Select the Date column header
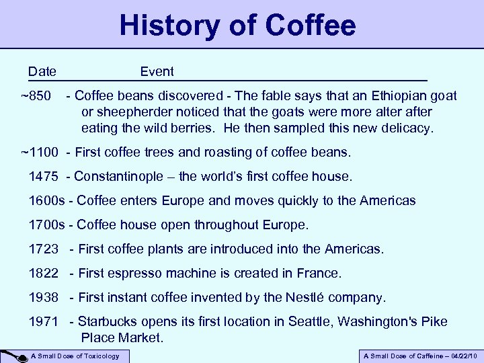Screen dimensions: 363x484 tap(42, 71)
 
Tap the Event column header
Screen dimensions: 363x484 tap(157, 71)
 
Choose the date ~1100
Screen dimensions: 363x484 tap(41, 152)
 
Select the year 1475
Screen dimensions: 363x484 tap(44, 176)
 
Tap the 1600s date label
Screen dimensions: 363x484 tap(48, 200)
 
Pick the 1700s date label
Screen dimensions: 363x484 tap(48, 225)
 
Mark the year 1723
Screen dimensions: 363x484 tap(44, 249)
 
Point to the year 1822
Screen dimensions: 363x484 tap(44, 273)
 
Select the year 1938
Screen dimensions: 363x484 tap(44, 297)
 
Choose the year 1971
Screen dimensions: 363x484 tap(44, 321)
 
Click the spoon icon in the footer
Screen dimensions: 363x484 tap(13, 356)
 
